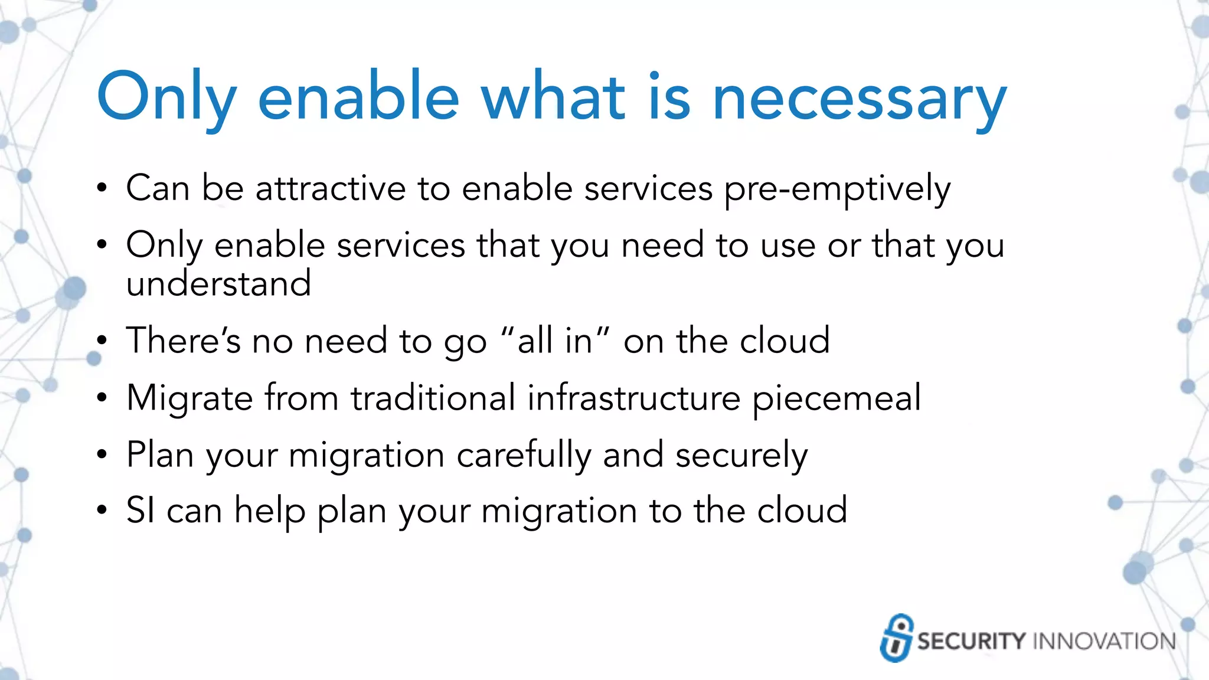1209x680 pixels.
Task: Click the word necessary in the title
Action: click(x=859, y=98)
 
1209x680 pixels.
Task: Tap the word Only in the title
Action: click(x=166, y=98)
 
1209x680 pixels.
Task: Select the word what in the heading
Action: click(x=553, y=97)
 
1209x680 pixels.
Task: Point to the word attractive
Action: click(x=331, y=188)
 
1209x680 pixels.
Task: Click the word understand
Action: click(x=218, y=283)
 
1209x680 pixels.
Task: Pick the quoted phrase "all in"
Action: click(x=555, y=341)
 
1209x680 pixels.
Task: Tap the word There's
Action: click(x=184, y=341)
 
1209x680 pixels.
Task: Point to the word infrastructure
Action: click(x=633, y=397)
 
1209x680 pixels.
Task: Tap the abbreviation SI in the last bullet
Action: click(x=140, y=510)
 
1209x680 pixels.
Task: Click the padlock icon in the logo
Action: click(x=896, y=638)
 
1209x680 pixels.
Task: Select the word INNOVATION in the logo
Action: click(x=1104, y=641)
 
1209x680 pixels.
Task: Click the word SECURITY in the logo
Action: click(x=971, y=641)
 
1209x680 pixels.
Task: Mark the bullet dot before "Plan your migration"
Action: click(x=102, y=455)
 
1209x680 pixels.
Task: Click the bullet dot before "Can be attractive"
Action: click(x=102, y=188)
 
